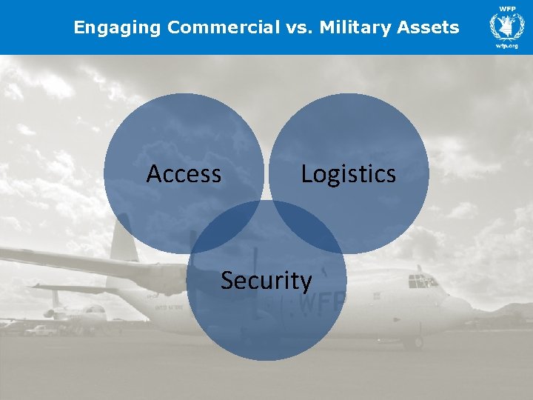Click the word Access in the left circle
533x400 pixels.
(184, 174)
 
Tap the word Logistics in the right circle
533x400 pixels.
(348, 174)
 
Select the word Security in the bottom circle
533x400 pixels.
(266, 281)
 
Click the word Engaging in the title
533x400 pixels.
(118, 28)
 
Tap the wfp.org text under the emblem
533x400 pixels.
(506, 46)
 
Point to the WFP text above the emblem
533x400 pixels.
(506, 9)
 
